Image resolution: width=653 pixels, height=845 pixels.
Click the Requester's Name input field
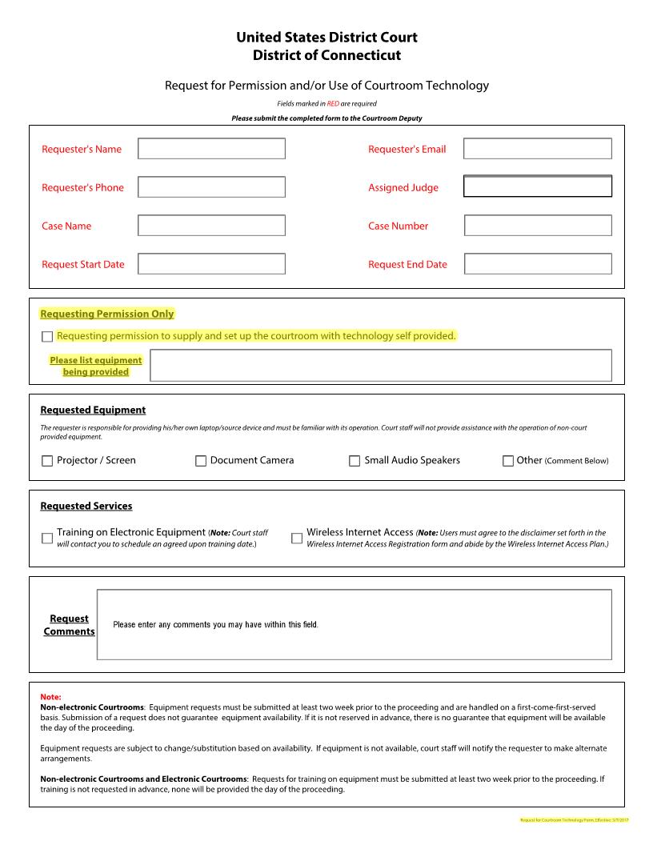point(211,149)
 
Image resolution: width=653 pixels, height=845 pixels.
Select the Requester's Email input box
point(537,149)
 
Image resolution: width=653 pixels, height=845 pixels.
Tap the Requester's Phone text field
point(211,187)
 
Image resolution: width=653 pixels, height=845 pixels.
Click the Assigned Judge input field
point(537,186)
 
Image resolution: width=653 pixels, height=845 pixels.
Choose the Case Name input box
point(211,226)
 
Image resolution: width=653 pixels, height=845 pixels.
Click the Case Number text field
point(537,226)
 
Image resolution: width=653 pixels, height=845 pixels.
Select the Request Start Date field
point(211,264)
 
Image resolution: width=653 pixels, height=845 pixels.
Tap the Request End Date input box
point(537,264)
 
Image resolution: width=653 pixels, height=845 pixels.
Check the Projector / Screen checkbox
point(47,461)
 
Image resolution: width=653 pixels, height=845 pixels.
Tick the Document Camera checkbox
point(201,461)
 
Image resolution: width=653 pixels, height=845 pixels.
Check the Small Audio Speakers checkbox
point(355,461)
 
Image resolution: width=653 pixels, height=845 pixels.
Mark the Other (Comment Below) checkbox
point(508,461)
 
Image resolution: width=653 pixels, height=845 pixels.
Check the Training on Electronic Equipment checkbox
point(47,538)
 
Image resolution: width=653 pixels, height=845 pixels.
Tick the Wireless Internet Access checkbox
point(297,538)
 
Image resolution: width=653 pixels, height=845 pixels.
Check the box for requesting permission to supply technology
point(47,337)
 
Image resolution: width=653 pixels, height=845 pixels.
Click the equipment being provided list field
point(381,366)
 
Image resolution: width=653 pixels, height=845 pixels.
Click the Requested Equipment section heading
point(93,410)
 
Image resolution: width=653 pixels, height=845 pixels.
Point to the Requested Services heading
point(86,507)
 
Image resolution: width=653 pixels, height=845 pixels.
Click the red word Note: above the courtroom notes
point(50,697)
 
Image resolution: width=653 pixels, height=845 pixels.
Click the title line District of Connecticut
point(326,56)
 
